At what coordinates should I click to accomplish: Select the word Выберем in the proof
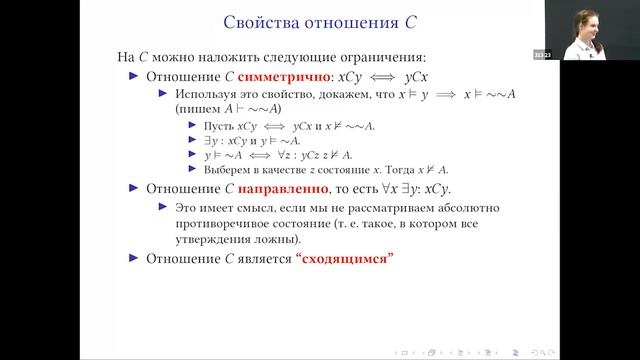coord(224,168)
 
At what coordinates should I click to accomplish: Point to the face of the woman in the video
coord(584,21)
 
